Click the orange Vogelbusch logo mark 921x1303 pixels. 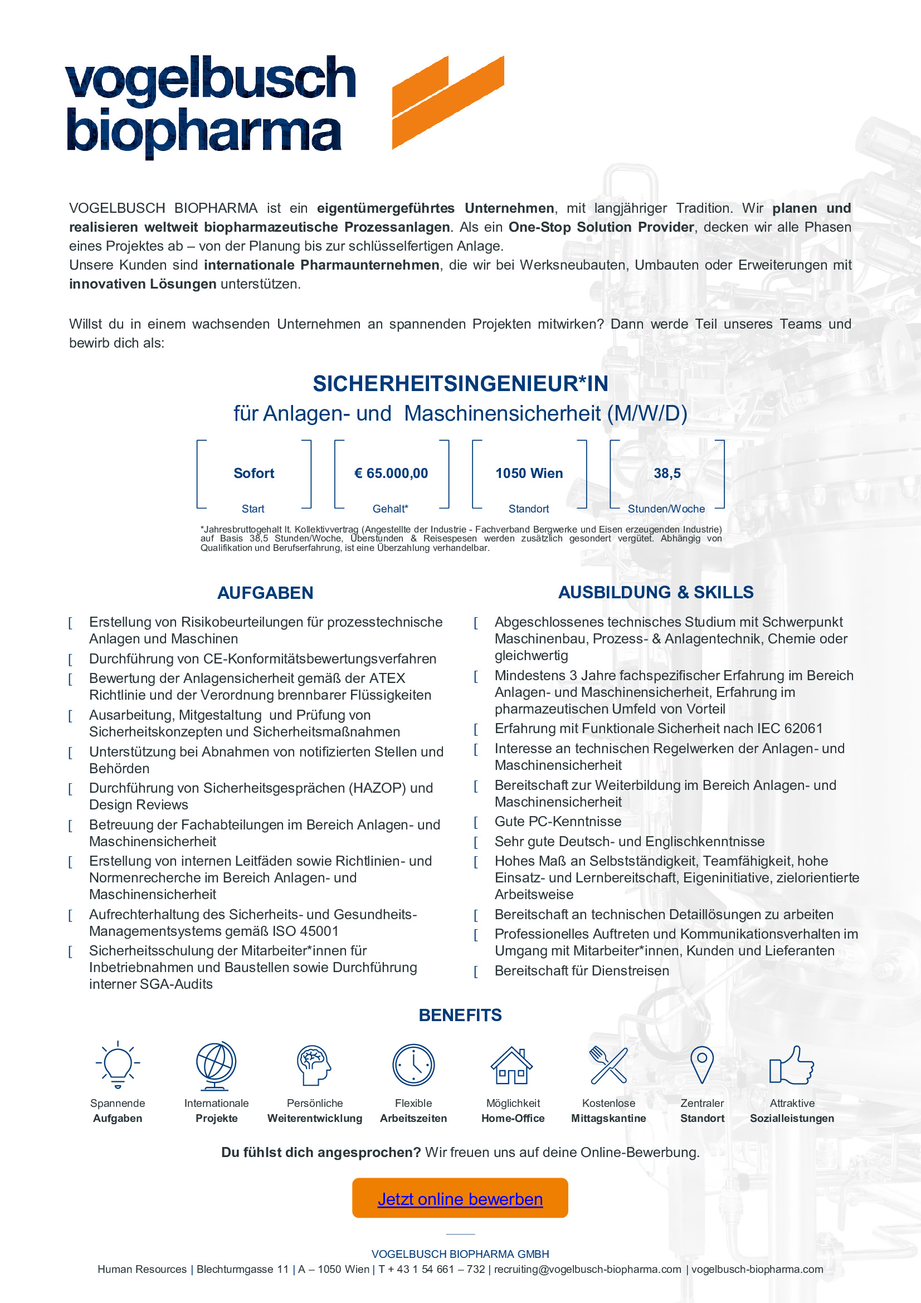(448, 102)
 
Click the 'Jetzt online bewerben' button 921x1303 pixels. (460, 1199)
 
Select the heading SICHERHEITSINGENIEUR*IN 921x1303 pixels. (460, 384)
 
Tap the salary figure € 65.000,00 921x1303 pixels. (391, 474)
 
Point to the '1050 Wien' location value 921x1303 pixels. (529, 474)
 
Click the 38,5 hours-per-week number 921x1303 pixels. (667, 474)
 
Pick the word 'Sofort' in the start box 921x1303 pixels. (254, 474)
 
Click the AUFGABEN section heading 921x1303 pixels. (265, 593)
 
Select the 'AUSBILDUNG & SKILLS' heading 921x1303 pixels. (655, 592)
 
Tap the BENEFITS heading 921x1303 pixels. (460, 1014)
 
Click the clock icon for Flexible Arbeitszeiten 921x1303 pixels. (413, 1065)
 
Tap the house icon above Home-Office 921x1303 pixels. (512, 1065)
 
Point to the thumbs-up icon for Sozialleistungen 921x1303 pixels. (791, 1065)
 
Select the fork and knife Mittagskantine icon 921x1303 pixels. (608, 1065)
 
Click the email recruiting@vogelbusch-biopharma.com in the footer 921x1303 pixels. (587, 1270)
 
